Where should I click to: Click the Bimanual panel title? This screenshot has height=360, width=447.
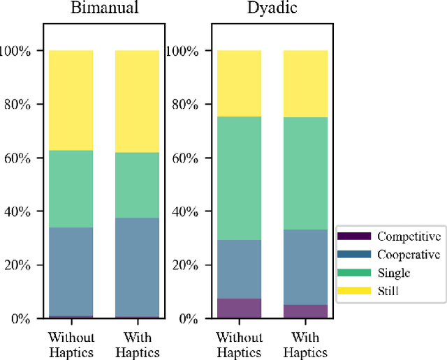pyautogui.click(x=103, y=10)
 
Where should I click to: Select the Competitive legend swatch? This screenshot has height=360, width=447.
pyautogui.click(x=353, y=237)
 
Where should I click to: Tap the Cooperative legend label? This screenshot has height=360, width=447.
pyautogui.click(x=409, y=255)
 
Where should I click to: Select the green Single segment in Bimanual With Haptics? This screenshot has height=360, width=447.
pyautogui.click(x=137, y=185)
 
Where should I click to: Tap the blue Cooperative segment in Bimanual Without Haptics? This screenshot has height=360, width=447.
pyautogui.click(x=71, y=271)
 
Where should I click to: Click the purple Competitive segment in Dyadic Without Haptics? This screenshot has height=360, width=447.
pyautogui.click(x=239, y=308)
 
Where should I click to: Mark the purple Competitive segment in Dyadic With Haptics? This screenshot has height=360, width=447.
pyautogui.click(x=305, y=311)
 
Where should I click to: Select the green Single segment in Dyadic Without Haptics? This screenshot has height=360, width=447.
pyautogui.click(x=239, y=178)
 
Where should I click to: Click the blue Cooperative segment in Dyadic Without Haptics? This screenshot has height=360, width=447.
pyautogui.click(x=239, y=269)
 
